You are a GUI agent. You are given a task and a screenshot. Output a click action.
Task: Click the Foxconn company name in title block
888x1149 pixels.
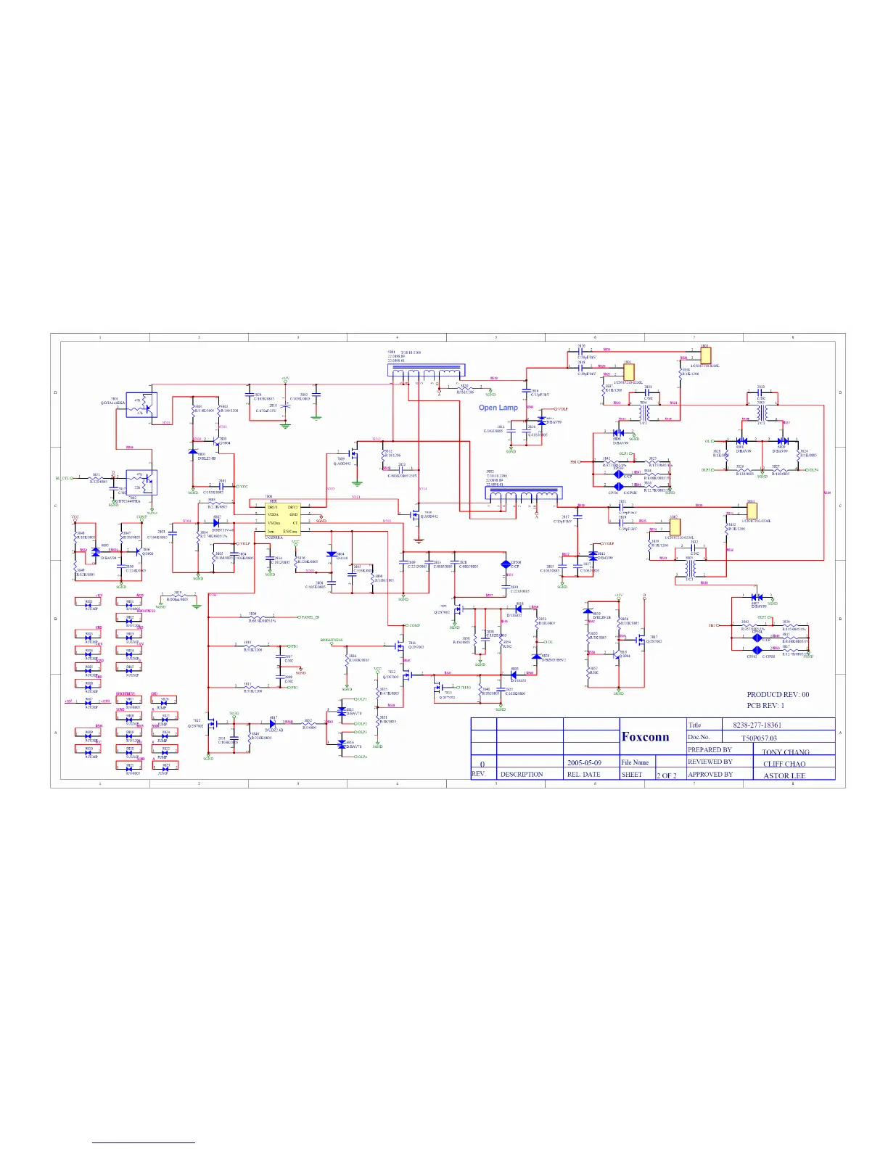coord(645,737)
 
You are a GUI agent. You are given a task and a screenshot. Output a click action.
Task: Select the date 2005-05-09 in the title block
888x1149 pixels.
coord(583,763)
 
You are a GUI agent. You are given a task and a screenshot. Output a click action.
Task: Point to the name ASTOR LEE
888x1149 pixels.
coord(784,775)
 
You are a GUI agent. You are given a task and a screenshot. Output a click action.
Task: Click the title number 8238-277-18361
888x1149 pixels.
coord(757,725)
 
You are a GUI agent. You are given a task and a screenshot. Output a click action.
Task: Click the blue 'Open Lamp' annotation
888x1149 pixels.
coord(498,408)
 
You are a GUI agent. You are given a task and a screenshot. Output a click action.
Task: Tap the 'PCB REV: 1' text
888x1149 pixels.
coord(765,705)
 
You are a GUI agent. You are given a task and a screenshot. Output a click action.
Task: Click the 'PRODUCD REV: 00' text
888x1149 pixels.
coord(778,694)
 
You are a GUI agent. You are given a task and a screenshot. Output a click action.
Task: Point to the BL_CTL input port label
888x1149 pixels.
coord(63,478)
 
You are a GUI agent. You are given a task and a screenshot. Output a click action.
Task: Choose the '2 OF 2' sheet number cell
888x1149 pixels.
coord(666,775)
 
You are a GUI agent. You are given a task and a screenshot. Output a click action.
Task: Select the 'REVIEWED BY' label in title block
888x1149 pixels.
coord(710,762)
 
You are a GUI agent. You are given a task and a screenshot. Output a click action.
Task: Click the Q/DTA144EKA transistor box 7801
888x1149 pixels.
coord(141,405)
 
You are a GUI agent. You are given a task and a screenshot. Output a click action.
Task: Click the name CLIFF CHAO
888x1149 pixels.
coord(784,764)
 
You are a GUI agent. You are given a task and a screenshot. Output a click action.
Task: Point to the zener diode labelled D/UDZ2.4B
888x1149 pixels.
coord(273,723)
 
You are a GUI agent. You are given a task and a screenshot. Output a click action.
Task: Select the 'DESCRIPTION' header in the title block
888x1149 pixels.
coord(521,774)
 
